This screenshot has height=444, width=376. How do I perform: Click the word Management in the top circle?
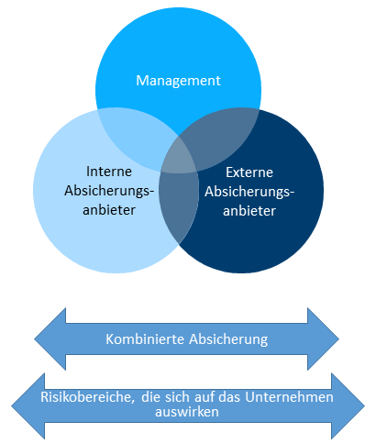178,81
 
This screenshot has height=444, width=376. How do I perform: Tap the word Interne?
109,172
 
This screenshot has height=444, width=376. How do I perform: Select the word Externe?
249,172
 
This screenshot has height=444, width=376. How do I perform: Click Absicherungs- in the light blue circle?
109,191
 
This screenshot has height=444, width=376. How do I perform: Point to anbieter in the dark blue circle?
249,211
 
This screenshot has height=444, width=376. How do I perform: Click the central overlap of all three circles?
179,157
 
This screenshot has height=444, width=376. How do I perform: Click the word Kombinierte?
145,339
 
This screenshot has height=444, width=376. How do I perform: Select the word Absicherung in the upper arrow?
228,339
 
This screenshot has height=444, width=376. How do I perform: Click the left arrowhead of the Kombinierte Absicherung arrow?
50,339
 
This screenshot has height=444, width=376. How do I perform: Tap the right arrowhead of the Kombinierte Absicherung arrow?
323,339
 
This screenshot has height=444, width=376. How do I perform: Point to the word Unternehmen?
289,397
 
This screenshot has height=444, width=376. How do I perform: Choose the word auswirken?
187,412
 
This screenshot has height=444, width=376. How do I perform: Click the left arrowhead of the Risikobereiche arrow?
28,406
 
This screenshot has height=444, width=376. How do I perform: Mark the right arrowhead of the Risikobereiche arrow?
348,406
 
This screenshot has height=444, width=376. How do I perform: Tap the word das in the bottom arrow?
232,397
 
